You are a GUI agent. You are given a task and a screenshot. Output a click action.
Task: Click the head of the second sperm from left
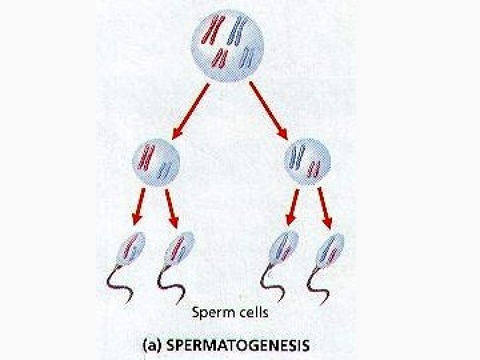pos(180,247)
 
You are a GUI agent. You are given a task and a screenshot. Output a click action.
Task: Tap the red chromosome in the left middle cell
pos(147,157)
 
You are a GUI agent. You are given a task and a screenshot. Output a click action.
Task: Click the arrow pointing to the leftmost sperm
pos(139,207)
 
